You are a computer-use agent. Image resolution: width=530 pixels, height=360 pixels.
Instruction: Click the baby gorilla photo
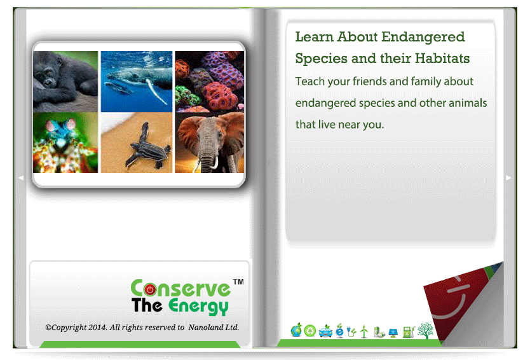(65, 81)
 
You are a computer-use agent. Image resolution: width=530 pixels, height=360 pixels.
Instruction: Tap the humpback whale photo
(137, 81)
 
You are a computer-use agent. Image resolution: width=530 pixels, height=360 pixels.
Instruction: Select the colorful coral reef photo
(210, 81)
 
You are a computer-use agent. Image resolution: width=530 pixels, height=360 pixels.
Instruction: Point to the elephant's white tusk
(215, 163)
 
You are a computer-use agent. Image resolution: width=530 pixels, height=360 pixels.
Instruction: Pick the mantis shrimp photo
(65, 142)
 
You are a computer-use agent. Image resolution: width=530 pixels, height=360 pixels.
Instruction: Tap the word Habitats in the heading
(442, 59)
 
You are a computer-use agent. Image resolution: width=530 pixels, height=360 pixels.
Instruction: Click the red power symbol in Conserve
(150, 289)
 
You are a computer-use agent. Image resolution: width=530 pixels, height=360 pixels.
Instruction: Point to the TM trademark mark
(238, 282)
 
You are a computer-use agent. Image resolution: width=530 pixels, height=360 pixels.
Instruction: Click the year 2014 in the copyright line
(98, 328)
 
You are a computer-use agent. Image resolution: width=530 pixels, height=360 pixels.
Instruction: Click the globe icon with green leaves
(296, 330)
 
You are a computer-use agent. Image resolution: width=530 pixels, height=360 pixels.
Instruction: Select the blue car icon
(325, 331)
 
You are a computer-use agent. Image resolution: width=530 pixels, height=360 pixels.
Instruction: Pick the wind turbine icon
(364, 331)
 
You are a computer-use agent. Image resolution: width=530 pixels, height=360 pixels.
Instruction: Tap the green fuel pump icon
(409, 331)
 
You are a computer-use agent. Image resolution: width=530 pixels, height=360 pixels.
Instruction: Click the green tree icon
(425, 331)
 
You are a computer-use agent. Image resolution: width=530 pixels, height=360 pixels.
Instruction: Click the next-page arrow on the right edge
(508, 178)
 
